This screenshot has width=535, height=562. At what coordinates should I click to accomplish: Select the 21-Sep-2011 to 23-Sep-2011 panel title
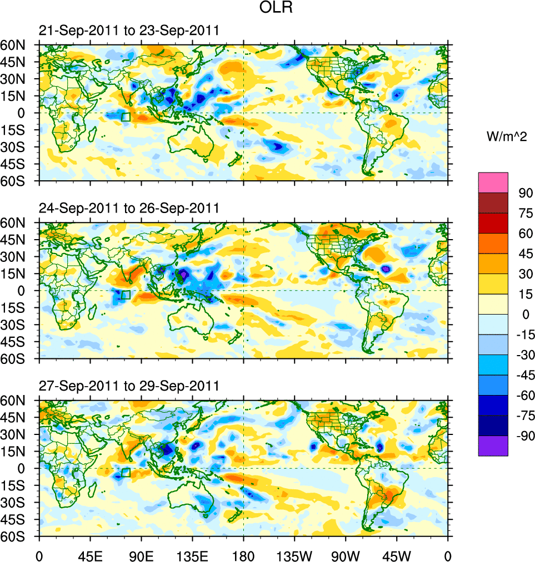point(129,31)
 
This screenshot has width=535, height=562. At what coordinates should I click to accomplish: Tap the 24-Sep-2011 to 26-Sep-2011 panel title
point(129,209)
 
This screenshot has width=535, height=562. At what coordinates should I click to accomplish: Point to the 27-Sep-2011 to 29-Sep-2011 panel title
point(129,386)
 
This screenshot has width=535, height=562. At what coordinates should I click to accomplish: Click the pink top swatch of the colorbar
point(493,182)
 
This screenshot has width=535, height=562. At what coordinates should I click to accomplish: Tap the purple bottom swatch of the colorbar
point(493,446)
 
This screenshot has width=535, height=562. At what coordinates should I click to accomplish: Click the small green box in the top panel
point(126,117)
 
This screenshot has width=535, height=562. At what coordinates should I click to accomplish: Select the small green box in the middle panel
point(126,295)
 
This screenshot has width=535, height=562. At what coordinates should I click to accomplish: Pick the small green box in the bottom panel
point(126,472)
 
